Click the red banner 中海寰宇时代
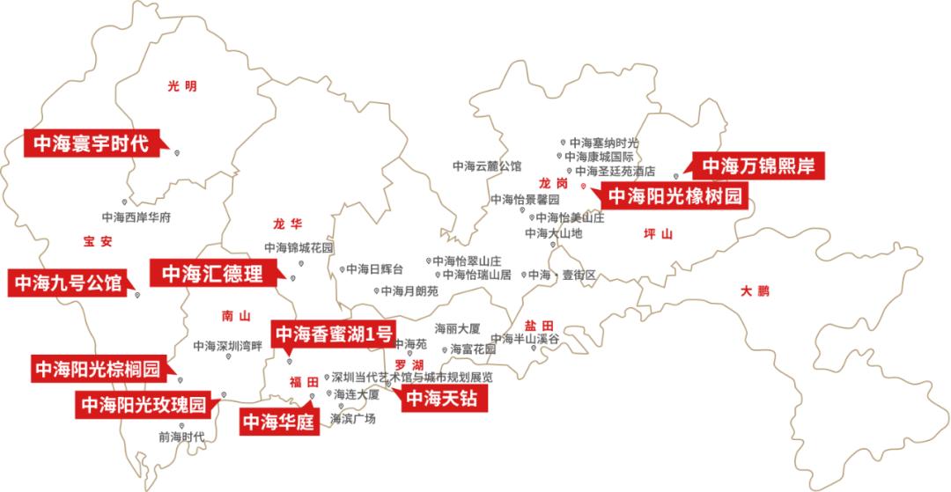point(92,143)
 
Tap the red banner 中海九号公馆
point(67,283)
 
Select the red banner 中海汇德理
point(211,273)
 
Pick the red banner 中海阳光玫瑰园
point(143,405)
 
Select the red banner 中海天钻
point(444,399)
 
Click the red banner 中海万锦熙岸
point(757,165)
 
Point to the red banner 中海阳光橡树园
point(675,195)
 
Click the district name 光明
point(182,86)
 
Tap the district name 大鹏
point(755,290)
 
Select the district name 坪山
point(658,235)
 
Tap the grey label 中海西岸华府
point(136,217)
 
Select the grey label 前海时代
point(181,436)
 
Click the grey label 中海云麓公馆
point(487,165)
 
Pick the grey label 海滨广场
point(353,419)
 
